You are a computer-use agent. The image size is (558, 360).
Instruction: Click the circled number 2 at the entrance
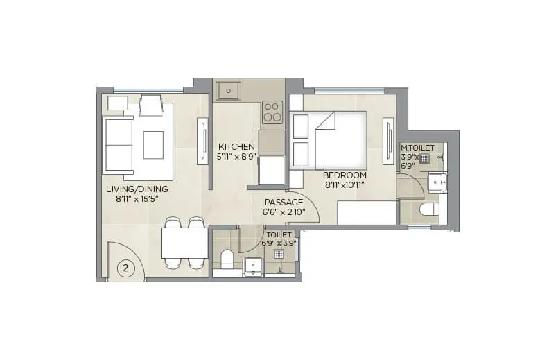(x=125, y=268)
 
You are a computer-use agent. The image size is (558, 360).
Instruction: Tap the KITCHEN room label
(x=237, y=147)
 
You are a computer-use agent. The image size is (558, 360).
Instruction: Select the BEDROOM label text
(x=345, y=175)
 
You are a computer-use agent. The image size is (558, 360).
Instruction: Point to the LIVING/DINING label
(x=137, y=189)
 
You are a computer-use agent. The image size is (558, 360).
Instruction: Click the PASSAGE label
(x=284, y=202)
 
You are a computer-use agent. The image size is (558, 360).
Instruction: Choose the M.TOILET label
(x=417, y=148)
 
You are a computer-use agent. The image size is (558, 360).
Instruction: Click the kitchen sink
(x=229, y=90)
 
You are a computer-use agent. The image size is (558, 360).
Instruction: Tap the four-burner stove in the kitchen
(x=272, y=111)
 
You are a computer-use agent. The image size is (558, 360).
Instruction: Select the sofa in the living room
(x=118, y=145)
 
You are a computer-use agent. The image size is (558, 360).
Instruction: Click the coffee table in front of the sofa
(x=153, y=144)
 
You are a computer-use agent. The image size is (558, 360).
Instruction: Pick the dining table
(x=184, y=243)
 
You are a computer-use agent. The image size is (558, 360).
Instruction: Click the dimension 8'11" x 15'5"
(x=137, y=198)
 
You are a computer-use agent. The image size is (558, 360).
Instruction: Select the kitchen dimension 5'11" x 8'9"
(x=237, y=157)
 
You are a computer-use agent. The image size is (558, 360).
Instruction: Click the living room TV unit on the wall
(x=202, y=141)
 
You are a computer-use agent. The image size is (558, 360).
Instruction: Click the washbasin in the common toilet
(x=254, y=266)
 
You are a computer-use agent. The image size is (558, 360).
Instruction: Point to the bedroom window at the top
(x=349, y=90)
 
